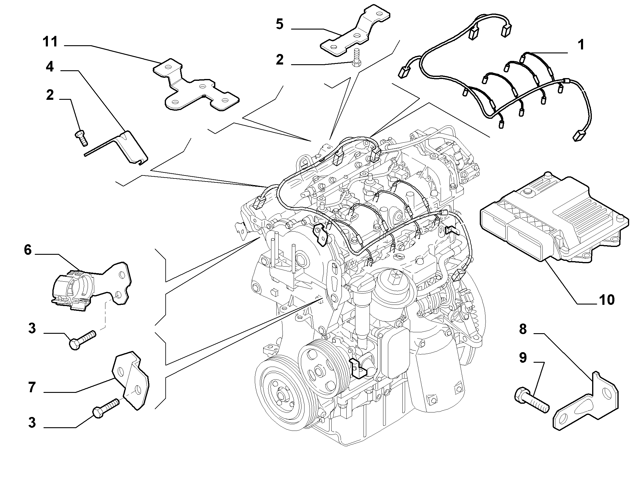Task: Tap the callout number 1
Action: coord(581,45)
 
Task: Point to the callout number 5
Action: coord(279,24)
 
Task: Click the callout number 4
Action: coord(50,67)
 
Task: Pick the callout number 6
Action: coord(28,250)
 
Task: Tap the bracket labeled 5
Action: coord(355,32)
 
